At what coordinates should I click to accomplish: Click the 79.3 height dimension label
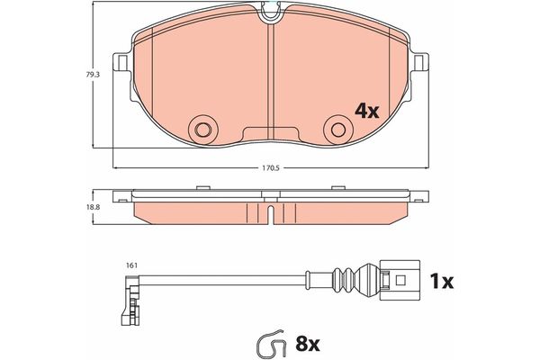[93, 75]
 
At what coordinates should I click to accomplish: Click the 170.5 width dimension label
[270, 168]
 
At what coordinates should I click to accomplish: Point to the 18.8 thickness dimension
[93, 207]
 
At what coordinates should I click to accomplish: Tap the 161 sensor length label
[132, 265]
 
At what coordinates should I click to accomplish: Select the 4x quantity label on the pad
[367, 112]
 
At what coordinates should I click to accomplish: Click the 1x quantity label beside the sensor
[441, 282]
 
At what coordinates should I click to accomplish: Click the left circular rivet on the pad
[202, 130]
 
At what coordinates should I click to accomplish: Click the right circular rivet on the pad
[338, 130]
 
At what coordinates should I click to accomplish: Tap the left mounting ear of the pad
[121, 62]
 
